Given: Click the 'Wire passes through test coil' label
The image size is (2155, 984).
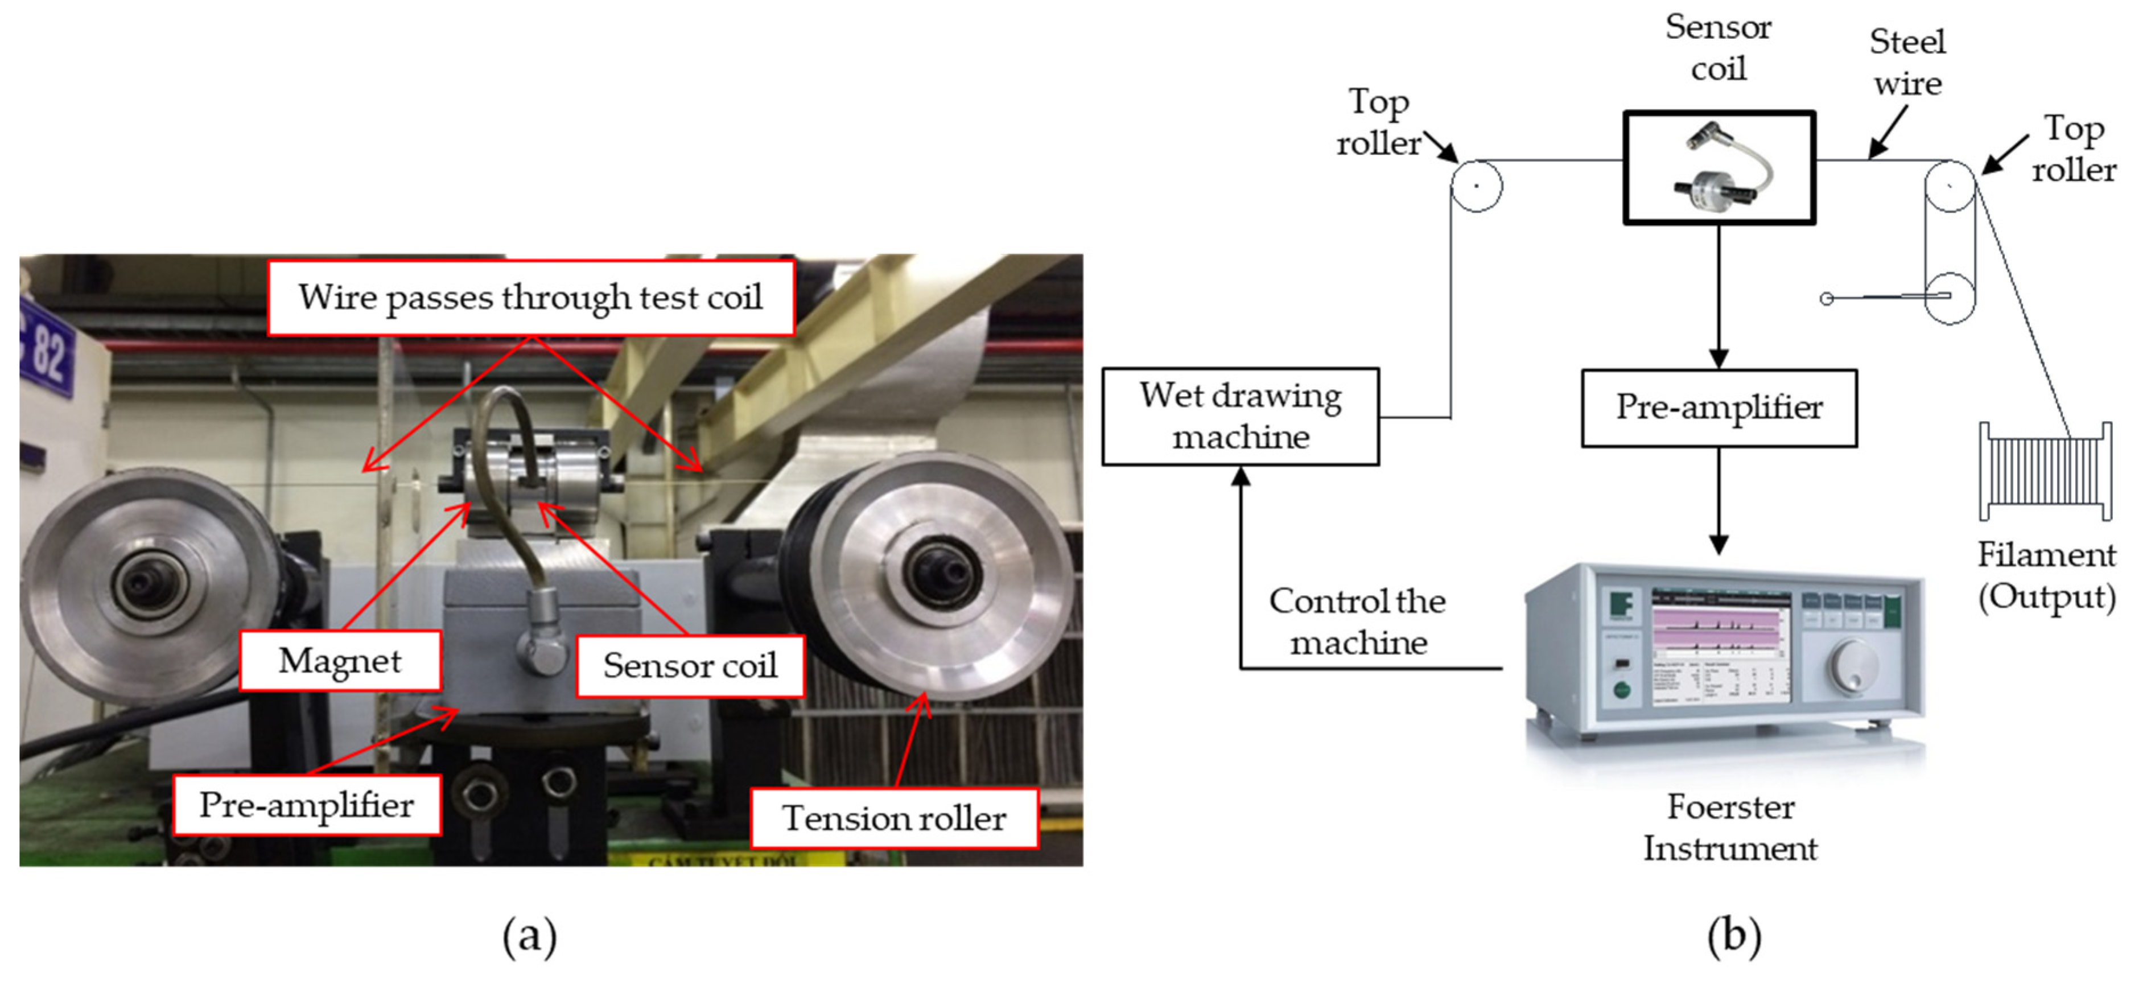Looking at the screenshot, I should pos(530,298).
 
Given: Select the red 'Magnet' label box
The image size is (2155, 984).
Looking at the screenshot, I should pos(340,661).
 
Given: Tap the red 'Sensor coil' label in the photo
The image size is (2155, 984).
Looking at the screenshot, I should pos(690,666).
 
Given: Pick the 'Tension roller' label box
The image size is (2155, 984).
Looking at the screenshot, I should pos(893,818).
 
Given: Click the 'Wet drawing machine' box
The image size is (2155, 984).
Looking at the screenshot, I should pos(1240,417).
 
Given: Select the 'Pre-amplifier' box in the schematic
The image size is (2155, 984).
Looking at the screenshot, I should pos(1719,408).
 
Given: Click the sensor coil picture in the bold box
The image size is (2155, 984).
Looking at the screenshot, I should pos(1719,167).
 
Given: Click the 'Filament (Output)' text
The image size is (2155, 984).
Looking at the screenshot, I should pos(2046,576).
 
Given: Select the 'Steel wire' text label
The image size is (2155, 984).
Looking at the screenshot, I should pos(1907,63).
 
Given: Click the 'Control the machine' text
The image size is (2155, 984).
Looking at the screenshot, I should pos(1357,621).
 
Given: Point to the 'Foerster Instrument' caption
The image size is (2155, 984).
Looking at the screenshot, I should pos(1730,827).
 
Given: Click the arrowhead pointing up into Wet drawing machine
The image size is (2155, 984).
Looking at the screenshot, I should pos(1241,477).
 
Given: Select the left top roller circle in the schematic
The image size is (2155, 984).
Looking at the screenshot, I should pos(1476,186).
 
